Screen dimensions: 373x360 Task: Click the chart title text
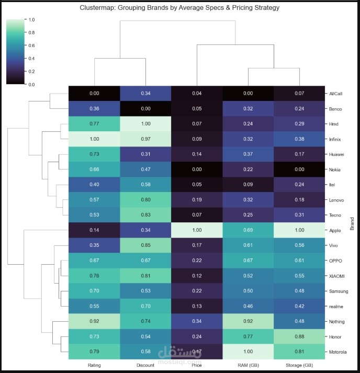tap(179, 8)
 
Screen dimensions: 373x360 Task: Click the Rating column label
tap(94, 365)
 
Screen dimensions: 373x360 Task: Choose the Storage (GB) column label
tap(300, 365)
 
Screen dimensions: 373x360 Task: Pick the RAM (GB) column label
tap(249, 365)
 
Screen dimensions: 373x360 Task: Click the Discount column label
tap(145, 365)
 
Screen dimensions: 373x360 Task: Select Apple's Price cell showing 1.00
tap(197, 230)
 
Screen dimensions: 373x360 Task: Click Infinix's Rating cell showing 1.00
tap(94, 139)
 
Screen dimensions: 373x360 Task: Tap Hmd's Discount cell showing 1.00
tap(145, 123)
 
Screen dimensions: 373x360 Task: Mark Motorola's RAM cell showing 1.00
tap(249, 352)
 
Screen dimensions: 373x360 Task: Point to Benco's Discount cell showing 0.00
tap(145, 108)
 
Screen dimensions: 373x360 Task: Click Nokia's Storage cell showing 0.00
tap(300, 169)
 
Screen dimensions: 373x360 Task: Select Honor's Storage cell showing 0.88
tap(300, 336)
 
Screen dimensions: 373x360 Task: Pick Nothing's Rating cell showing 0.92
tap(94, 321)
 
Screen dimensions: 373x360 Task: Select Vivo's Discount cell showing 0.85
tap(145, 245)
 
